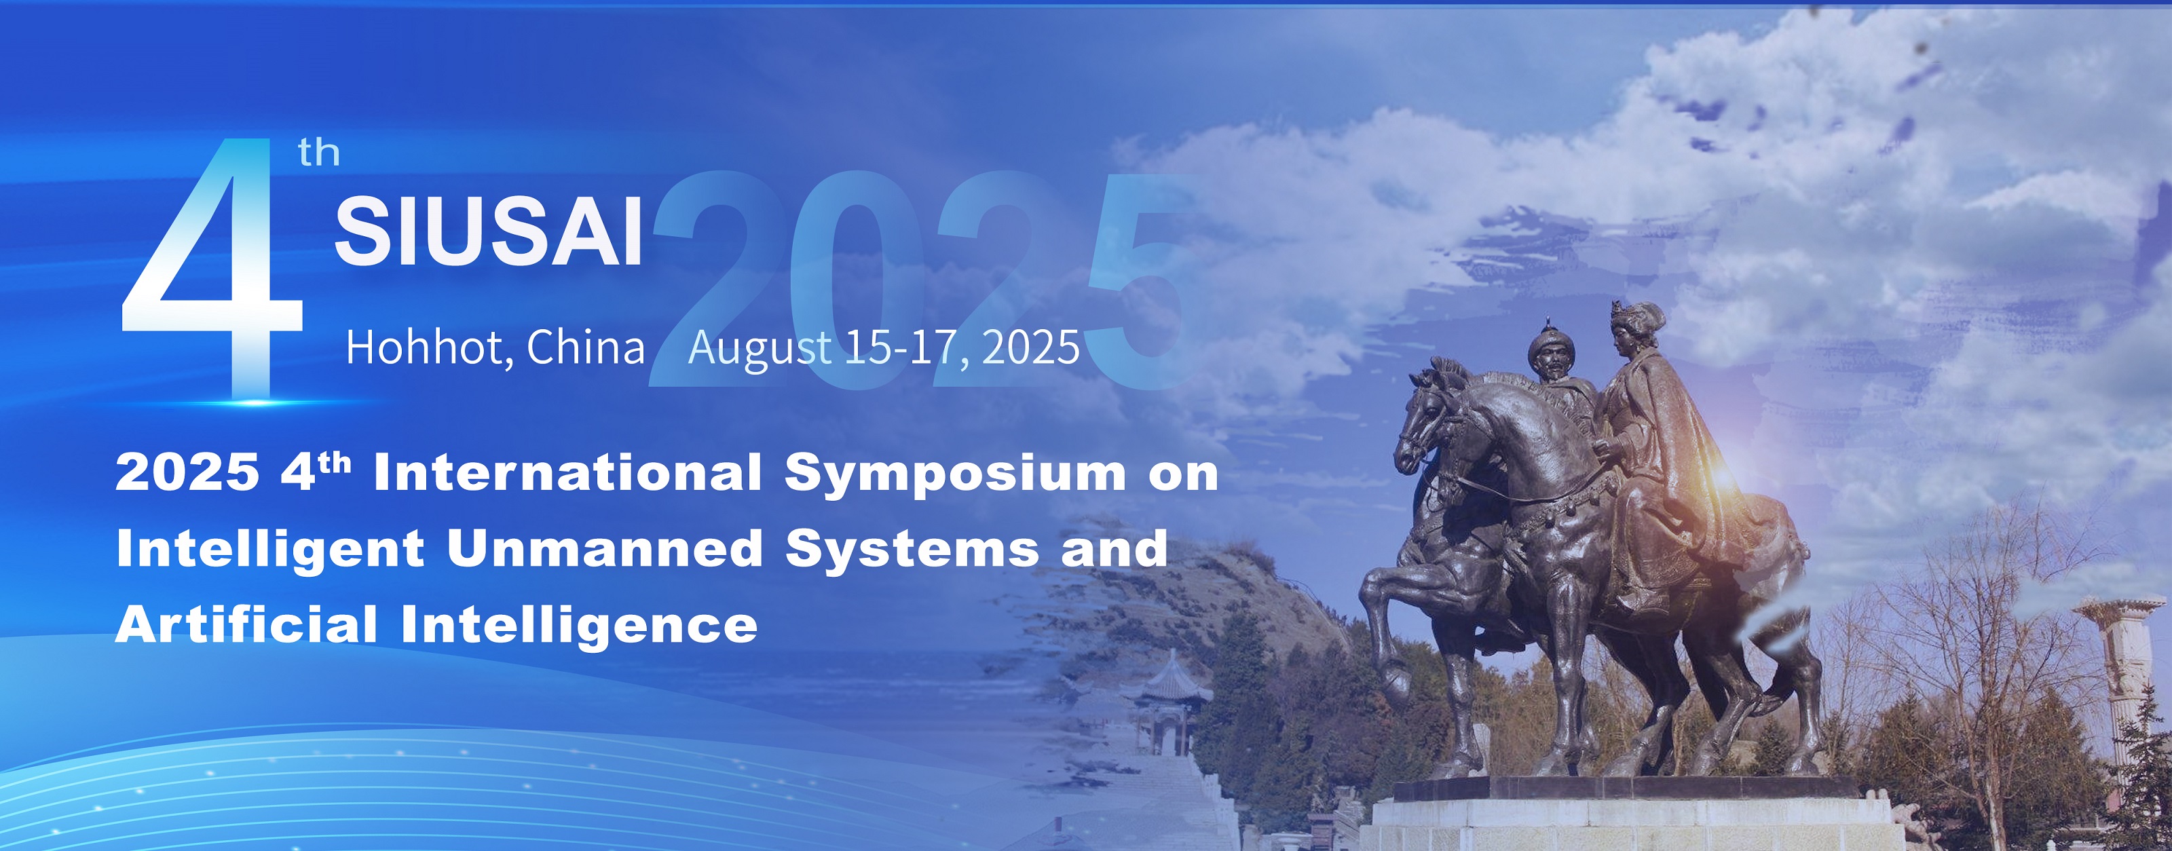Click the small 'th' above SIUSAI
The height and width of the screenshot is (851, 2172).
(319, 153)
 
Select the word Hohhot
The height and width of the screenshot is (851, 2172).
(424, 347)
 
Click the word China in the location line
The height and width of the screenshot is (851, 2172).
(585, 347)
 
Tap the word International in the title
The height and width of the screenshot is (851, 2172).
(568, 472)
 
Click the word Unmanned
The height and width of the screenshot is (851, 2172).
(605, 549)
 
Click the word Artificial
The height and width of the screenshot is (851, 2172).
(246, 625)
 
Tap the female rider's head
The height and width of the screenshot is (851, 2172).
(1634, 327)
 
